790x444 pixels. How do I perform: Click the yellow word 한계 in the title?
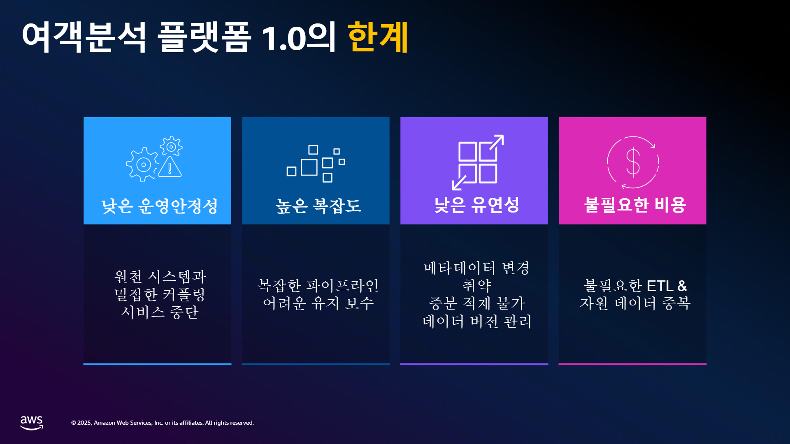coord(378,37)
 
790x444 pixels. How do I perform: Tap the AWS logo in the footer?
coord(32,423)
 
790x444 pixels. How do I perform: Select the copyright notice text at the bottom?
coord(163,423)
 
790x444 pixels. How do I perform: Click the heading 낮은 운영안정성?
coord(159,206)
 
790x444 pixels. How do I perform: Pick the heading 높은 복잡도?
coord(318,206)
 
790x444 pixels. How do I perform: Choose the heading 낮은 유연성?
coord(477,205)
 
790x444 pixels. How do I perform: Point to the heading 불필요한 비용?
coord(635,205)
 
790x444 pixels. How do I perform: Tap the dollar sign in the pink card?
coord(633,162)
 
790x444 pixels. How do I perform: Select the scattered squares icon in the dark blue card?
coord(316,164)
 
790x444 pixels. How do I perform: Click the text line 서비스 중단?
coord(160,312)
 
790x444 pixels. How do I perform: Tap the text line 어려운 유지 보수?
coord(318,303)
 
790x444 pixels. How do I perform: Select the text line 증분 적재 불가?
coord(477,303)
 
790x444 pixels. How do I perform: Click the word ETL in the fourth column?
coord(660,286)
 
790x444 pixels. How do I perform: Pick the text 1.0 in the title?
coord(284,38)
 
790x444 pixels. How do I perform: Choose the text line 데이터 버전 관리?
coord(477,321)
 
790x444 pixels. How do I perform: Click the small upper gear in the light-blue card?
coord(171,146)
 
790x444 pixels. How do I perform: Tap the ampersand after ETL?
coord(682,286)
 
